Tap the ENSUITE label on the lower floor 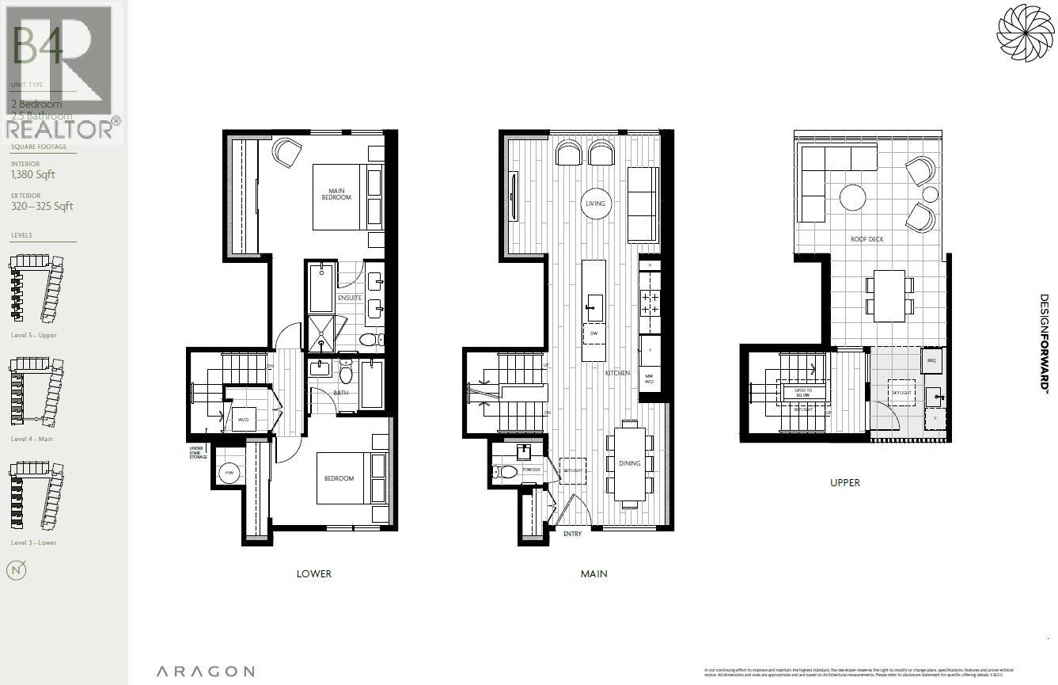click(350, 298)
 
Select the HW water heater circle click(229, 473)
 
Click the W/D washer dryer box click(243, 420)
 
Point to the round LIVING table click(595, 204)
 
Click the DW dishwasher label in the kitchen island click(594, 334)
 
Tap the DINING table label click(629, 463)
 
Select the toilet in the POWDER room click(507, 472)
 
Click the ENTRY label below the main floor click(572, 534)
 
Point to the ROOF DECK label click(866, 239)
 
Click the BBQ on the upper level click(931, 360)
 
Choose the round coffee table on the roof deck click(852, 197)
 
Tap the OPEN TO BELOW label click(804, 392)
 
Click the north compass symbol click(16, 569)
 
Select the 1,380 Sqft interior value click(33, 175)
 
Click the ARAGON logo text click(205, 672)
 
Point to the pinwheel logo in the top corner click(1026, 32)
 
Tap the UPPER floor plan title click(845, 482)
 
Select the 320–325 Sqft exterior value click(42, 207)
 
